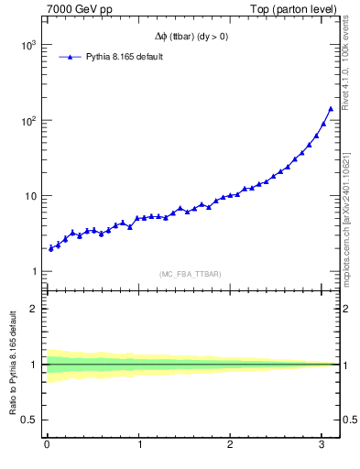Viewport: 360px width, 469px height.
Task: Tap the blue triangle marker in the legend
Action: [x=71, y=57]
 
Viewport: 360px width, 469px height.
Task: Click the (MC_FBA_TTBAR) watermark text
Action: [x=189, y=274]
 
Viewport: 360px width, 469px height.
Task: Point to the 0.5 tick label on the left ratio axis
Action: [x=30, y=420]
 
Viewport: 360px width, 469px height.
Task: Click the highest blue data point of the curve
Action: [x=331, y=108]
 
